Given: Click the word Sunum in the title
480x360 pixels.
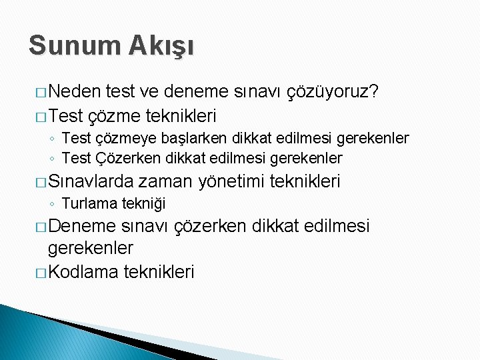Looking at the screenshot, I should [63, 45].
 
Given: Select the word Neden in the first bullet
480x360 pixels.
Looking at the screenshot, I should [75, 91].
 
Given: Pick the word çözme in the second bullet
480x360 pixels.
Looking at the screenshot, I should [111, 116].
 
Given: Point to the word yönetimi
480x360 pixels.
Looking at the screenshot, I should [231, 181].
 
